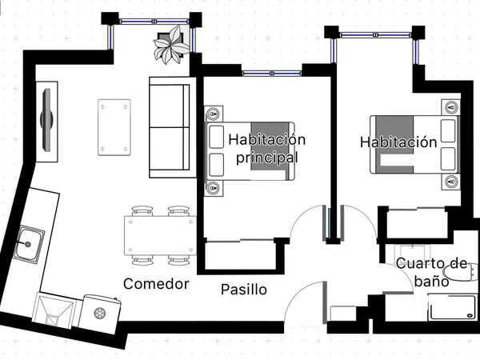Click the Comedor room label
pyautogui.click(x=156, y=284)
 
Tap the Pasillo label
pyautogui.click(x=244, y=290)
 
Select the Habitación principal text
pyautogui.click(x=267, y=149)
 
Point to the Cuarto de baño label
pyautogui.click(x=432, y=272)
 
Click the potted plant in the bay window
pyautogui.click(x=171, y=45)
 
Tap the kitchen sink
pyautogui.click(x=29, y=244)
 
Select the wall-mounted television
pyautogui.click(x=47, y=120)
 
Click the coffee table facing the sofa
pyautogui.click(x=114, y=127)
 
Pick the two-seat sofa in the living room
pyautogui.click(x=172, y=127)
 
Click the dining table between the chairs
pyautogui.click(x=160, y=235)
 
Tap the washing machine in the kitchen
pyautogui.click(x=99, y=314)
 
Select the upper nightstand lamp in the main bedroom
pyautogui.click(x=213, y=114)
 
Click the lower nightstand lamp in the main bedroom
pyautogui.click(x=213, y=188)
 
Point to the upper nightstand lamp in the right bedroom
pyautogui.click(x=451, y=107)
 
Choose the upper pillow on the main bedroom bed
pyautogui.click(x=217, y=137)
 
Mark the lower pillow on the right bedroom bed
pyautogui.click(x=448, y=159)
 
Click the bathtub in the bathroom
pyautogui.click(x=453, y=306)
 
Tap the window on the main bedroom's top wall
pyautogui.click(x=272, y=74)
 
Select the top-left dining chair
pyautogui.click(x=142, y=211)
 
